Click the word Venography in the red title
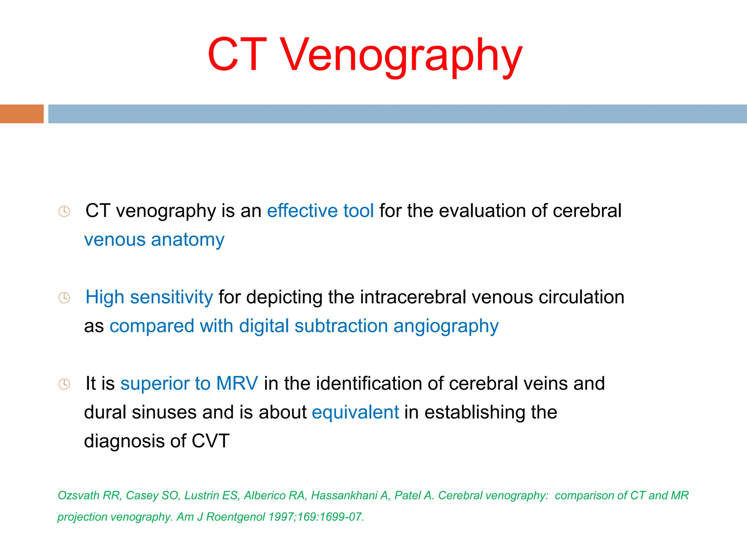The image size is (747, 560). click(x=401, y=57)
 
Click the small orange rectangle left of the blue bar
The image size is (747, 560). click(x=22, y=114)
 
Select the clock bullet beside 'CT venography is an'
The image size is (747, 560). click(x=64, y=211)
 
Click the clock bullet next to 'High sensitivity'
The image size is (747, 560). click(x=64, y=298)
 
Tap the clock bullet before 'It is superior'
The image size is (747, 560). click(x=64, y=384)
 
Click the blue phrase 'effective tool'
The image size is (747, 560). click(x=320, y=211)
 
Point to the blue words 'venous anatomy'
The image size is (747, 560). click(x=154, y=240)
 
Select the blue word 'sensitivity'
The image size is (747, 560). click(x=171, y=297)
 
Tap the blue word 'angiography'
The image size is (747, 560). click(x=446, y=326)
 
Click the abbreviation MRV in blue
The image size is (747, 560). click(x=237, y=384)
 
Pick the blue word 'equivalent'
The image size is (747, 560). click(x=355, y=412)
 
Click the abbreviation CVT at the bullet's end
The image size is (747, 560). click(x=210, y=441)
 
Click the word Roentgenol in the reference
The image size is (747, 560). click(x=235, y=517)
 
